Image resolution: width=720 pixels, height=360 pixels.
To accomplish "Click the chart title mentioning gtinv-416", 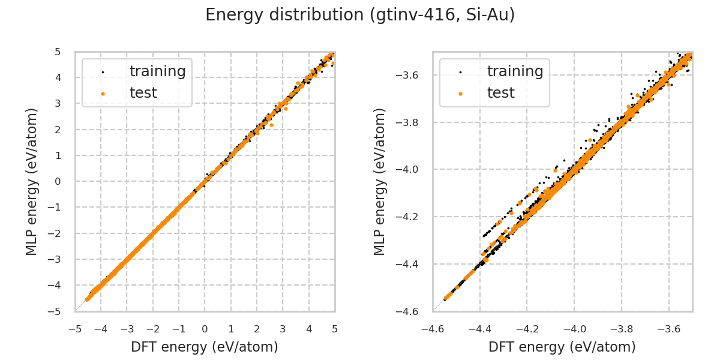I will click(360, 15).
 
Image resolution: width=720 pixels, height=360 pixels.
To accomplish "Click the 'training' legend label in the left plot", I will click(157, 71).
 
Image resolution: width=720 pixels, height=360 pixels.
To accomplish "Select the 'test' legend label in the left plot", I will click(143, 93).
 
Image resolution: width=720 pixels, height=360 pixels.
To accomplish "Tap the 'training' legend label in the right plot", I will click(515, 71).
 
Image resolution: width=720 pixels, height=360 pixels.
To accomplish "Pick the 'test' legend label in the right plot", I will click(500, 93).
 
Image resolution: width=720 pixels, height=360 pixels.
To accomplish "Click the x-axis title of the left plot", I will click(205, 347).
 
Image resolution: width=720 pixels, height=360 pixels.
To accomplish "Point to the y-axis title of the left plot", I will click(32, 181).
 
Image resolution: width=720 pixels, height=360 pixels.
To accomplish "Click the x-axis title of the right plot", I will click(562, 347).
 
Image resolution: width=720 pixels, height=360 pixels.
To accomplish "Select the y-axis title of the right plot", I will click(380, 181).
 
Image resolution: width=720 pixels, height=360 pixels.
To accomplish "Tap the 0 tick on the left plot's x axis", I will click(205, 329).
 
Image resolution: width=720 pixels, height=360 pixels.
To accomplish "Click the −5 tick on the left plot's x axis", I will click(75, 329).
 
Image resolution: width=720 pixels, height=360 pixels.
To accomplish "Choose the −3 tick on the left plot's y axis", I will click(56, 259).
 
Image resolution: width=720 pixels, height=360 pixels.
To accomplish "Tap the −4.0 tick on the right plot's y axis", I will click(411, 170).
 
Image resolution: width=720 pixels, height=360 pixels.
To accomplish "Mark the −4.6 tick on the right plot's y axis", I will click(411, 311).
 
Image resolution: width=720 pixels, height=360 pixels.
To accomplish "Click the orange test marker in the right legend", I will click(460, 94).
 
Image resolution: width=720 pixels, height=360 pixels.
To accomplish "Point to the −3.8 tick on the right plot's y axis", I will click(411, 122).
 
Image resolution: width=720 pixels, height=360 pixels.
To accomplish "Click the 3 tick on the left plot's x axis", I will click(283, 329).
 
